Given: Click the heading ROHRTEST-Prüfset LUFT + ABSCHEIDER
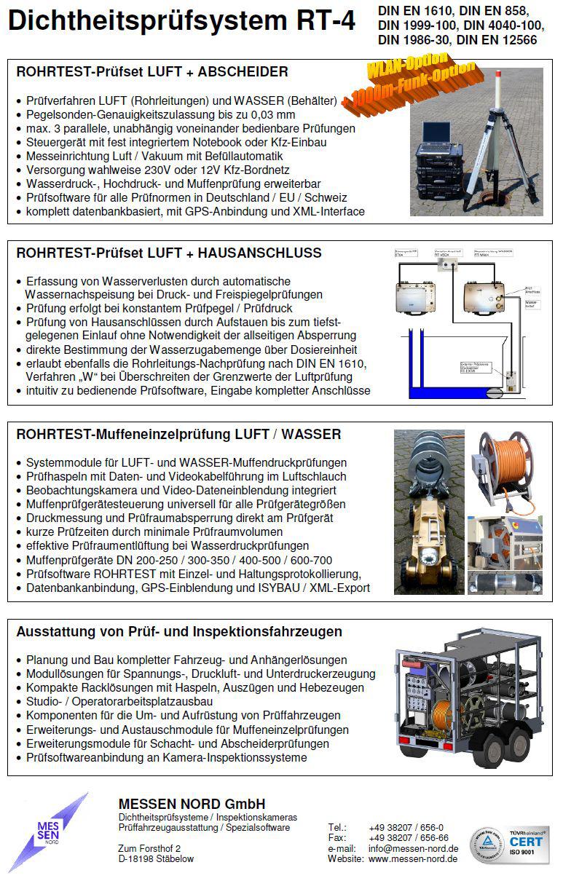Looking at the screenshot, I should point(152,72).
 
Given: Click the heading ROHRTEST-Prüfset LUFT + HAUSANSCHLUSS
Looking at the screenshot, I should point(168,253).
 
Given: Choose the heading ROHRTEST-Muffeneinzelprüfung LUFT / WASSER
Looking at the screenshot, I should point(178,435).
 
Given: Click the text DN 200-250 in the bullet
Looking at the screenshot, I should point(176,560).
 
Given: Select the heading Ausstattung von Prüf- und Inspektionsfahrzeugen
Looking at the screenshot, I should point(179,631).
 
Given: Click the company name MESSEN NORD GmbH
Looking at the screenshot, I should point(192,804).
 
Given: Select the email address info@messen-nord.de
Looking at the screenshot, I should point(413,848).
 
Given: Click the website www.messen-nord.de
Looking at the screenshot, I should point(413,859).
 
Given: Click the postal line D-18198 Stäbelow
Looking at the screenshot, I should point(156,859).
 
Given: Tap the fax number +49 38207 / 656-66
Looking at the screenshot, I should point(409,838).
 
